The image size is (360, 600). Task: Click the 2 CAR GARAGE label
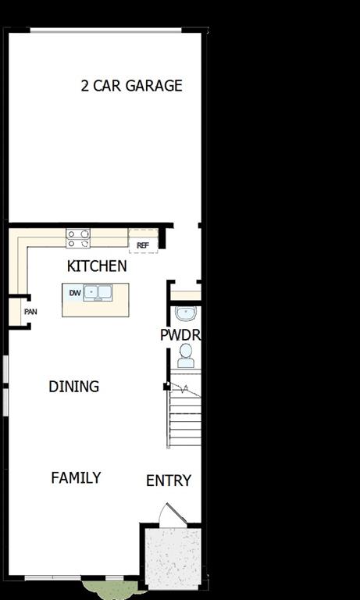(131, 86)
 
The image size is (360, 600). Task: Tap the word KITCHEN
(97, 266)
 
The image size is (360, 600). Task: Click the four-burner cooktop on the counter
(78, 237)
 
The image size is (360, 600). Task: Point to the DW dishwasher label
(74, 294)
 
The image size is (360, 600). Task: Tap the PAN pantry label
(30, 312)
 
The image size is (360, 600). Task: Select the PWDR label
(180, 335)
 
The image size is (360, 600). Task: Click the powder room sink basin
(186, 314)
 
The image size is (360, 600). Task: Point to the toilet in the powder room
(186, 356)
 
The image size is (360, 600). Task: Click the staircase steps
(186, 418)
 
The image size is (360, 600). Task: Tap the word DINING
(73, 387)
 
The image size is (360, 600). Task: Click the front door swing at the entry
(171, 515)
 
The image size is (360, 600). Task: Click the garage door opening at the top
(105, 30)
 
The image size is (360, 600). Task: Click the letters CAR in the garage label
(108, 86)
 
